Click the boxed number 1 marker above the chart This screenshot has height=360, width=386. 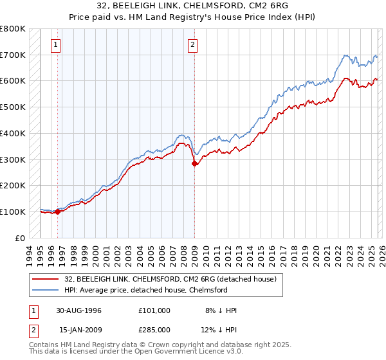pos(57,45)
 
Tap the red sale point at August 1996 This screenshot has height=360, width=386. pos(58,211)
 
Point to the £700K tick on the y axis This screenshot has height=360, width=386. pos(13,55)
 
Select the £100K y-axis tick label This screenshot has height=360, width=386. pos(13,212)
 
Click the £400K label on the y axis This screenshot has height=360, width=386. pos(13,134)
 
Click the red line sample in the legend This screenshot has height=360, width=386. pos(46,278)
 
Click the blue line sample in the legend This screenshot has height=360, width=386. pos(46,289)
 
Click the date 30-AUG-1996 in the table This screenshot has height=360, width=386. pos(79,310)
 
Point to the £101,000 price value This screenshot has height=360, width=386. pos(154,310)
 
